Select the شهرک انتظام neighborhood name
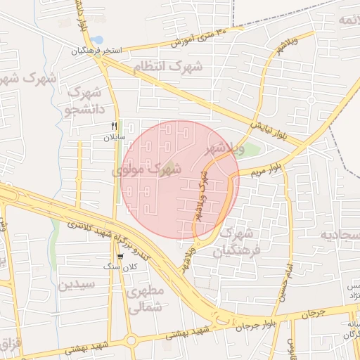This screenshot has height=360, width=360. point(167,67)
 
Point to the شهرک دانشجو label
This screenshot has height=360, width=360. point(83,101)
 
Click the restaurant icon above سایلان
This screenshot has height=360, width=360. point(114,127)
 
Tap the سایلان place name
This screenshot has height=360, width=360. point(114,137)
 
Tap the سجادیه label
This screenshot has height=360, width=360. point(340,233)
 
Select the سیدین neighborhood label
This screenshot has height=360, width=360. point(76,285)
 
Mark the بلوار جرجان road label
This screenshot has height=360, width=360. point(280,319)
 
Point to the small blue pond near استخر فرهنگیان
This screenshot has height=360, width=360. point(97,39)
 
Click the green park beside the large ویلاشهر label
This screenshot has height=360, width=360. point(251,150)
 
